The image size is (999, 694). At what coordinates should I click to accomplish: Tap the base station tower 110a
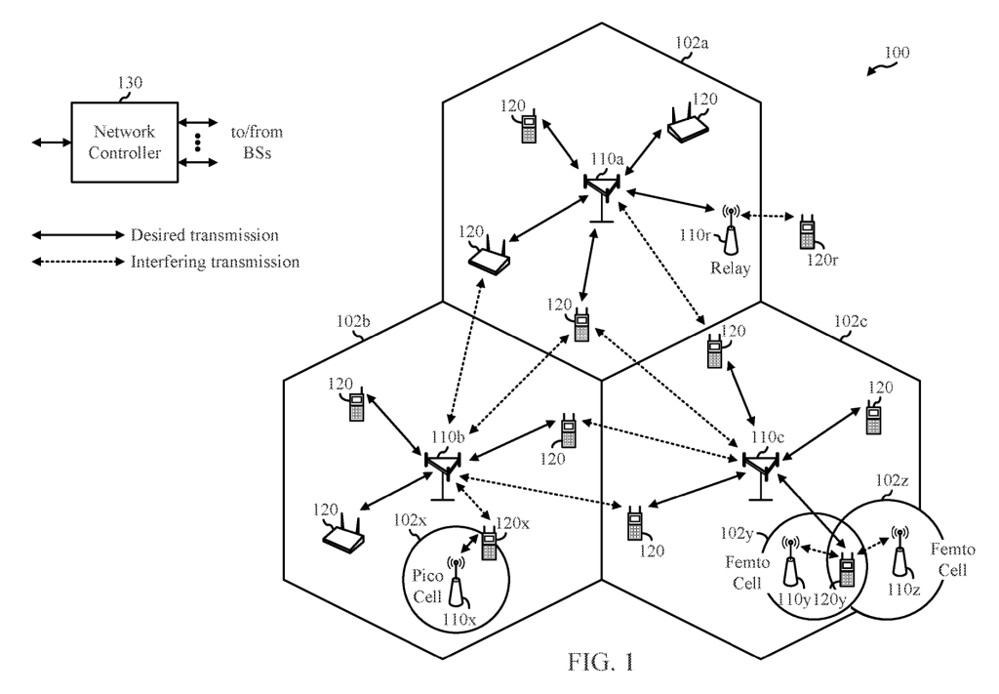point(601,195)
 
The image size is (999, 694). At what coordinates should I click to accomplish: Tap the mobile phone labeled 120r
point(807,232)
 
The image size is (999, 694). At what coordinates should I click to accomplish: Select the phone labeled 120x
point(489,543)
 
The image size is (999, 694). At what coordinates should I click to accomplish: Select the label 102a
point(692,43)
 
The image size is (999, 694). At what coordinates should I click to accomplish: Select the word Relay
point(732,269)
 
